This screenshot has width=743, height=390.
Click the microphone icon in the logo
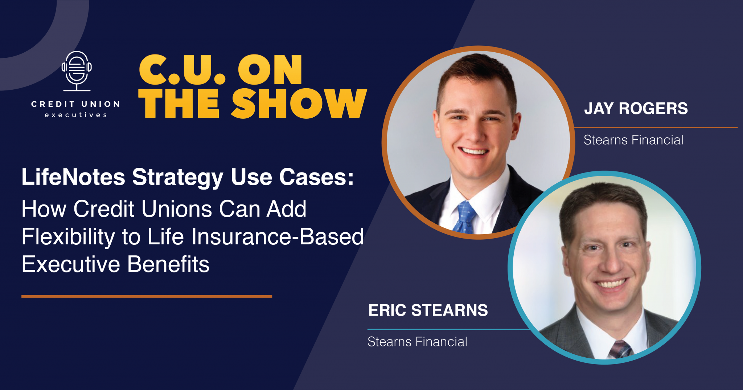[77, 71]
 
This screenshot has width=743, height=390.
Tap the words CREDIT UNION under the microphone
[75, 104]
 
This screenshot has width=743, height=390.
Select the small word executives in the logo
[76, 115]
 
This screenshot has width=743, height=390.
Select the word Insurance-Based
[278, 237]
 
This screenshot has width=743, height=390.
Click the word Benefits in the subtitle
[168, 264]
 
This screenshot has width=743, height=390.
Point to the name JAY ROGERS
[636, 109]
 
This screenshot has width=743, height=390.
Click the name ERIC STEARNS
[428, 310]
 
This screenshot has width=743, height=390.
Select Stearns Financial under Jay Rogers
[633, 140]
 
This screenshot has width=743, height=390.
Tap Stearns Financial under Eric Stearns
[417, 342]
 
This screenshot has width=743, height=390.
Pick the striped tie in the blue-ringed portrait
[621, 349]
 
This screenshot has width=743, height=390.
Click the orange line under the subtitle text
[147, 296]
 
